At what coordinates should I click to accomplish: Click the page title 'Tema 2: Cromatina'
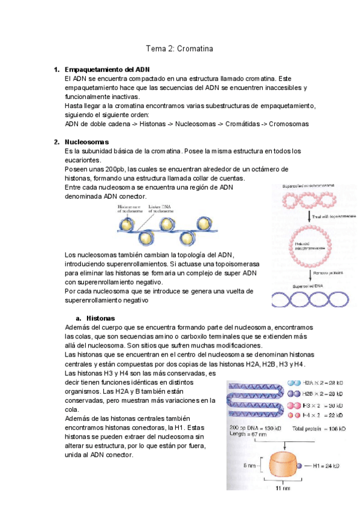180,47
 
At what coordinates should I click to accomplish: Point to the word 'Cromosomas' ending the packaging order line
289,124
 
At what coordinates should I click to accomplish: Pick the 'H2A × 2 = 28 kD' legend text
324,382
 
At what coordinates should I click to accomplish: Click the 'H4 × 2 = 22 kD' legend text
323,415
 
